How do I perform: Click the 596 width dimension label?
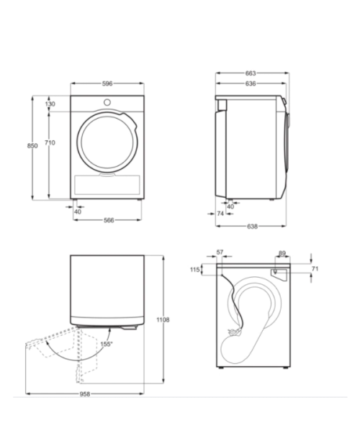[107, 83]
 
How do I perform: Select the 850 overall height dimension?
[32, 145]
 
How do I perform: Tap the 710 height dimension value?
[50, 142]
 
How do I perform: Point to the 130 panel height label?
[50, 104]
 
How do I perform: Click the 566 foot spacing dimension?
[109, 220]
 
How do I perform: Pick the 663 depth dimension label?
[251, 73]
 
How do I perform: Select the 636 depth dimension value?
[251, 83]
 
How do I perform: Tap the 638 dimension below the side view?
[252, 226]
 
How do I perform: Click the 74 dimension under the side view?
[220, 214]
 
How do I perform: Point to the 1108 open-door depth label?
[163, 319]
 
